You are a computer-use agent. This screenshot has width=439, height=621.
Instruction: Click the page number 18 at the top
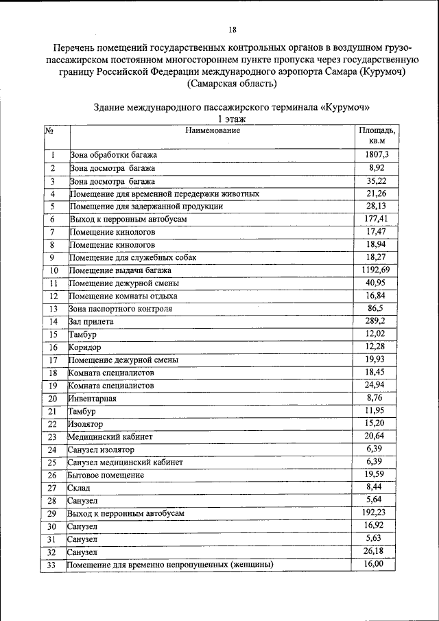[x=233, y=30]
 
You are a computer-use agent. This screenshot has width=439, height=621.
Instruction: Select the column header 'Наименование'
[x=212, y=130]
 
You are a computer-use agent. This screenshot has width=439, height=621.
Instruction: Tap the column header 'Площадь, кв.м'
[x=377, y=134]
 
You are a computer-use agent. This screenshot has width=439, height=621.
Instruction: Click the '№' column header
[x=49, y=130]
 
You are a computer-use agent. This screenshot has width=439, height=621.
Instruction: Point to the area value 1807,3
[x=377, y=155]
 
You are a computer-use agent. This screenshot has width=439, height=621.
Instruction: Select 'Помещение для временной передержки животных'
[x=165, y=194]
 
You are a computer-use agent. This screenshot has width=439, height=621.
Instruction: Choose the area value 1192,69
[x=376, y=270]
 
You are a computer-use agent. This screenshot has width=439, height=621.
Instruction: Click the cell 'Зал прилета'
[x=91, y=321]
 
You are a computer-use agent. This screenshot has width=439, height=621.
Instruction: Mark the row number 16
[x=53, y=347]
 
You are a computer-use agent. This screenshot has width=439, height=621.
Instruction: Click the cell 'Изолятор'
[x=85, y=424]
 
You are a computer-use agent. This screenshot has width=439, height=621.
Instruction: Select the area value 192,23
[x=375, y=513]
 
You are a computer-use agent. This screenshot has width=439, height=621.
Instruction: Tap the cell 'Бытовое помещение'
[x=106, y=475]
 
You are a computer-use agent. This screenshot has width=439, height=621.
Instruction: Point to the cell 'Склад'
[x=79, y=488]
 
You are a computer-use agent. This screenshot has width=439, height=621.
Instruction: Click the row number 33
[x=51, y=565]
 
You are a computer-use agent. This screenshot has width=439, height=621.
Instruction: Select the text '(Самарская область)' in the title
[x=232, y=84]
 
